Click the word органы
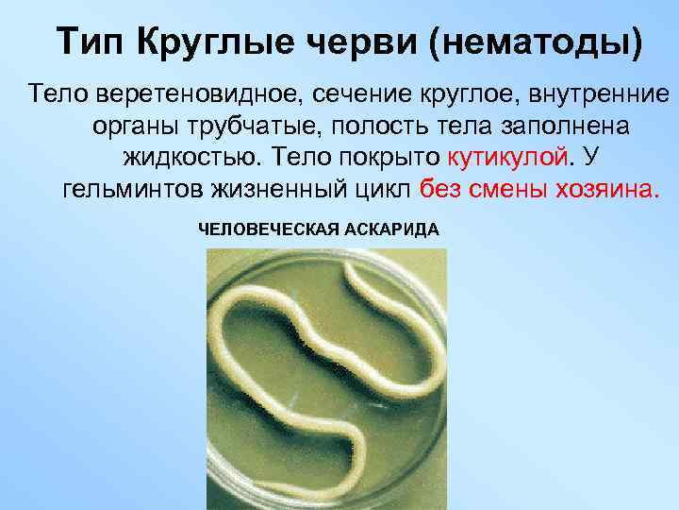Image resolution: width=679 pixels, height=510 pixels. tap(136, 126)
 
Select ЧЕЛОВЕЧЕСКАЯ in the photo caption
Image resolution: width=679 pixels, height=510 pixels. tap(257, 229)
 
